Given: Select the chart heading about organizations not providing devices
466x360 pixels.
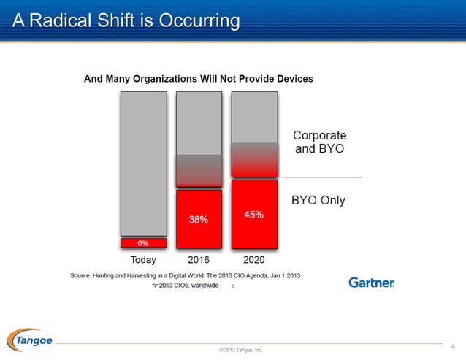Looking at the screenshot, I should coord(199,78).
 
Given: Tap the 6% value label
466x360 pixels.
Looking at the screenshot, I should coord(143,243).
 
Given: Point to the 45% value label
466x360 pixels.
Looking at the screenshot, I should coord(253,215).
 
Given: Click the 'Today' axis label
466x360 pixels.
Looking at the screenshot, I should coord(143,259).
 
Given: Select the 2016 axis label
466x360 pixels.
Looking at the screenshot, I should coord(199,259).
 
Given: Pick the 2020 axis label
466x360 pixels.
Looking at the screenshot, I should coord(253,259).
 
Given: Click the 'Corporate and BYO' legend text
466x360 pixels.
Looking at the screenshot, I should coord(319,142).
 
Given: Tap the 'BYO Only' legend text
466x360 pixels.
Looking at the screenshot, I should coord(318,200).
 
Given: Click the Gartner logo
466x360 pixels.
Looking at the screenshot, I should coord(371,282).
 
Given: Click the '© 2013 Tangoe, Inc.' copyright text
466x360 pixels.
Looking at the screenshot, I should coord(240,351).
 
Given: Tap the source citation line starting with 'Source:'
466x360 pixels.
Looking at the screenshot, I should coord(185,275).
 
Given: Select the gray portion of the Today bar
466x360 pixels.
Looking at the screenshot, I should coord(143,161).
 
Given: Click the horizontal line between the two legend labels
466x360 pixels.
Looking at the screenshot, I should coord(321,177).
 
